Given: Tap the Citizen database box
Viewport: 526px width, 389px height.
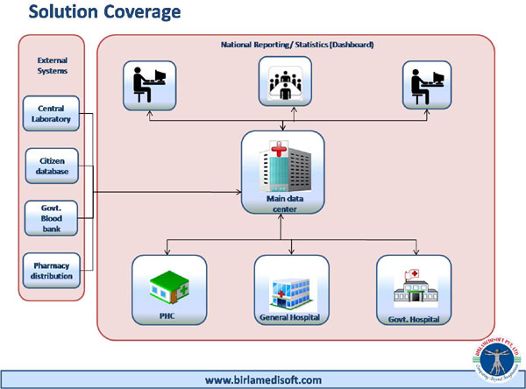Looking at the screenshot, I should click(x=53, y=166).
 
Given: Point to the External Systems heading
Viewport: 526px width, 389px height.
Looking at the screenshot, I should click(x=52, y=66).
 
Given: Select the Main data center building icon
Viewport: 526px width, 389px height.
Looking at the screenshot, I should click(x=282, y=164).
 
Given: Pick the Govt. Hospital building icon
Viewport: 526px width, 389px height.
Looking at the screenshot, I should click(x=411, y=282).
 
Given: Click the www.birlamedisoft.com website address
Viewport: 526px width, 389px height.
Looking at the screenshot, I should click(x=263, y=379).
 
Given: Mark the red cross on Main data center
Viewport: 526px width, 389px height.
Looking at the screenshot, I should click(x=279, y=148).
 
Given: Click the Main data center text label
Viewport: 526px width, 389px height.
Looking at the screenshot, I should click(x=282, y=202).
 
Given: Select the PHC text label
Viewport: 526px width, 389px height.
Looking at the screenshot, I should click(x=169, y=314).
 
